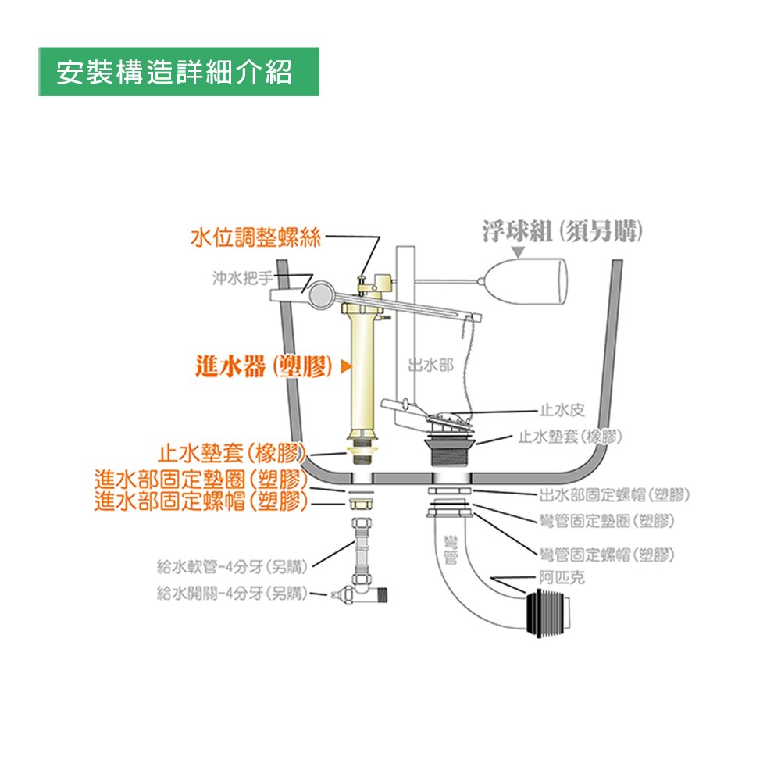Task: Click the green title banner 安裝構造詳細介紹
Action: coord(179,72)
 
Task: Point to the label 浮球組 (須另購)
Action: coord(562,232)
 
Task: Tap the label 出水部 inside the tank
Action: coord(430,366)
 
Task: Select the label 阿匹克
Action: coord(562,577)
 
